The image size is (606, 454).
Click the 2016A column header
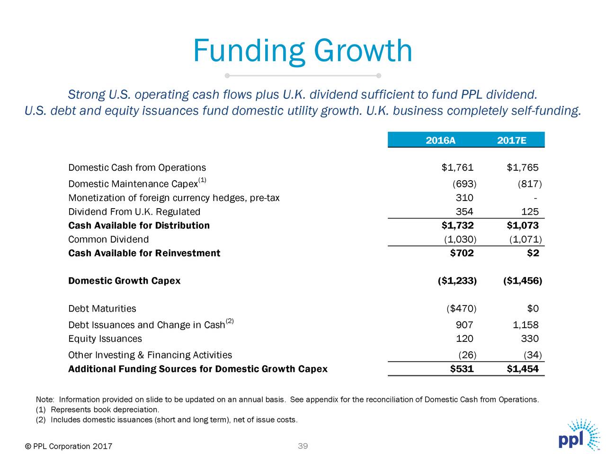440,140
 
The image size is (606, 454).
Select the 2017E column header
512,140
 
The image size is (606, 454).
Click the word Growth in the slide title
363,52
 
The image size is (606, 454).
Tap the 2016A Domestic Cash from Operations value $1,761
457,167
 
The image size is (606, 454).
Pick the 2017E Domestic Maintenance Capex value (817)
530,183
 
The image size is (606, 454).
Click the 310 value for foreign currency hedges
464,198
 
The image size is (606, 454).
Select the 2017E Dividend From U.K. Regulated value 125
530,211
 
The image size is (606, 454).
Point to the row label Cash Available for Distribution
139,225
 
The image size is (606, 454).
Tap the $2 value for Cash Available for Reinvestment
533,253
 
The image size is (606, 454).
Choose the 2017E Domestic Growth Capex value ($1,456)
523,280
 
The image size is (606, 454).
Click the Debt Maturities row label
102,308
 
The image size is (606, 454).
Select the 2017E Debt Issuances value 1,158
526,325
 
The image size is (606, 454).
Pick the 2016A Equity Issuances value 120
464,339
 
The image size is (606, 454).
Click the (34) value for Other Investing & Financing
533,355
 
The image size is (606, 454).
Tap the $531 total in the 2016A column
462,368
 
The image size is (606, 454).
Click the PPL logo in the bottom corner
579,435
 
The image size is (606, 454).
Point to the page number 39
303,446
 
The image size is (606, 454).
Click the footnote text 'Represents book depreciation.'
105,410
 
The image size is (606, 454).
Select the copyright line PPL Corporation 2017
69,446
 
